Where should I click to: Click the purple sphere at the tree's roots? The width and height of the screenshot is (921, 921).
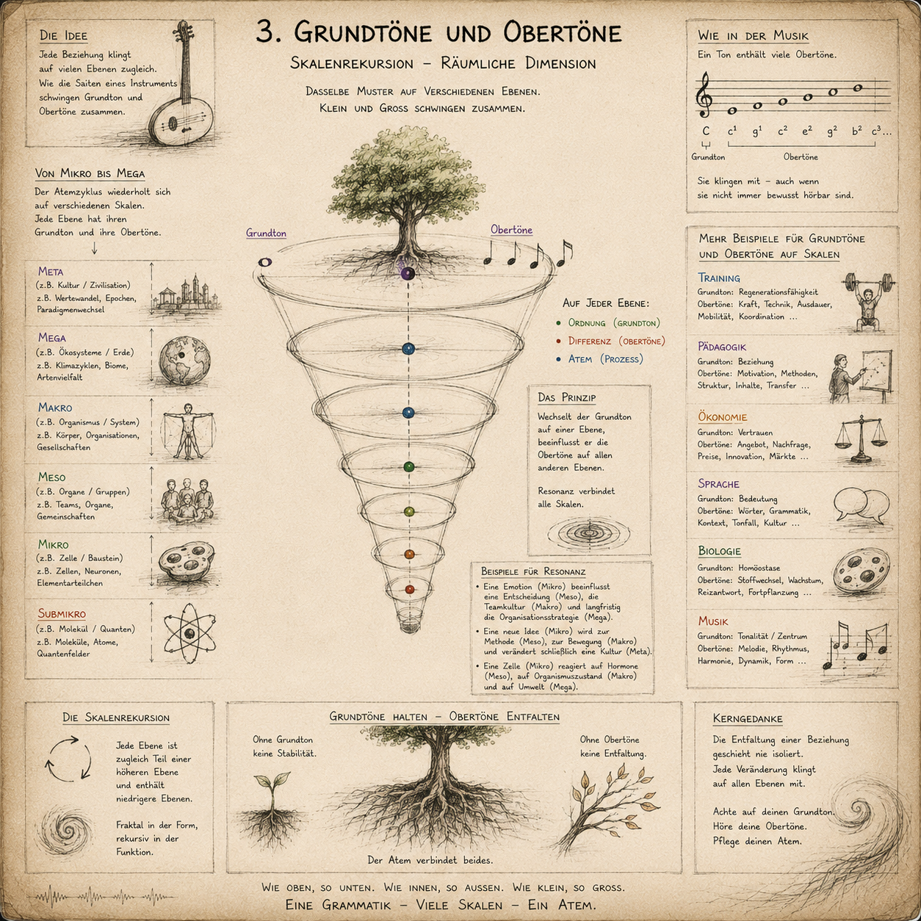pyautogui.click(x=408, y=273)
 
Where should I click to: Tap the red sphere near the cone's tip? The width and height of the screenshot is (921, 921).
pyautogui.click(x=410, y=589)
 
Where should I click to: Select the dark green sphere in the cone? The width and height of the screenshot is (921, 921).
pyautogui.click(x=408, y=467)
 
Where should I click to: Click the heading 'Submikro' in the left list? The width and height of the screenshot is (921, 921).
pyautogui.click(x=62, y=614)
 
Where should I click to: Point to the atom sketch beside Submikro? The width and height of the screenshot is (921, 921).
pyautogui.click(x=189, y=633)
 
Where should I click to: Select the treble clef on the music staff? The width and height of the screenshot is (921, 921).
pyautogui.click(x=705, y=95)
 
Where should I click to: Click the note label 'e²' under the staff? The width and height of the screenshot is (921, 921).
pyautogui.click(x=806, y=131)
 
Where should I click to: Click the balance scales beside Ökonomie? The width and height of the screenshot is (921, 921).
pyautogui.click(x=861, y=440)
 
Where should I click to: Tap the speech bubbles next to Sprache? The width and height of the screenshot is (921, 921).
pyautogui.click(x=862, y=507)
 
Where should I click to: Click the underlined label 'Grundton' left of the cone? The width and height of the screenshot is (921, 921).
pyautogui.click(x=266, y=234)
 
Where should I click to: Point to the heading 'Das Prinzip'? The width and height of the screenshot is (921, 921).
pyautogui.click(x=567, y=397)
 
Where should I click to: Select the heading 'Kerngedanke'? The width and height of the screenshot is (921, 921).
pyautogui.click(x=748, y=718)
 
